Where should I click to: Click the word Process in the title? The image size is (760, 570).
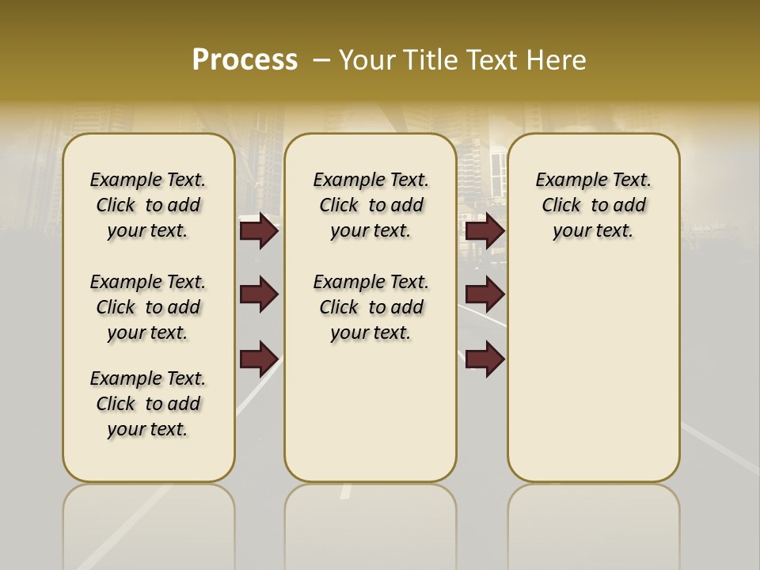(x=245, y=59)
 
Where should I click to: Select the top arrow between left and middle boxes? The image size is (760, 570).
(x=259, y=230)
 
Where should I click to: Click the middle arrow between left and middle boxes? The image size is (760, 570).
(x=259, y=294)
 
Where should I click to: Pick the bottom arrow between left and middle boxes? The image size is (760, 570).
(x=259, y=359)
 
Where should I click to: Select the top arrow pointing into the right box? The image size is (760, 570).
(x=484, y=230)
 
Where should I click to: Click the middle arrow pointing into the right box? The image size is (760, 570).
(x=484, y=294)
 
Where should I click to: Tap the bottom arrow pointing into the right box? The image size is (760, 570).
(x=484, y=359)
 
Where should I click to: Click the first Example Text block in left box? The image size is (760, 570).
(x=148, y=205)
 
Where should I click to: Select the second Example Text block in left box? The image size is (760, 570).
(x=148, y=307)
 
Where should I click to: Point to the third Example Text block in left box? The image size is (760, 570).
(x=148, y=404)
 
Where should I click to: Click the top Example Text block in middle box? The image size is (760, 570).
(x=370, y=205)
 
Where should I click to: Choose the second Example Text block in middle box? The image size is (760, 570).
(x=370, y=307)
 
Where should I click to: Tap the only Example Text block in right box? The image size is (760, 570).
(x=593, y=205)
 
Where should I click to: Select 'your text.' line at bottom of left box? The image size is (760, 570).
(x=148, y=429)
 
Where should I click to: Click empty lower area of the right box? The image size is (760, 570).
(x=593, y=380)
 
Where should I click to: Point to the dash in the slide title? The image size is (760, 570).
(x=321, y=60)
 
